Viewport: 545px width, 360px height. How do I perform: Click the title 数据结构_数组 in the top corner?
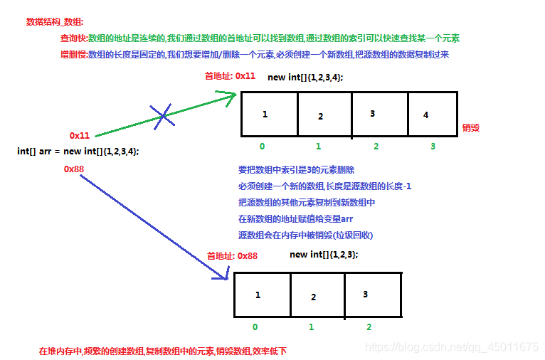(x=55, y=21)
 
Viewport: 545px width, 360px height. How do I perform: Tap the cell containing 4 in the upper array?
(x=432, y=114)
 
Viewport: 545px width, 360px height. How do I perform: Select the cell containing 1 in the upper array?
(x=269, y=114)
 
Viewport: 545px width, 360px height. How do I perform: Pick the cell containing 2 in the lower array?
(x=317, y=294)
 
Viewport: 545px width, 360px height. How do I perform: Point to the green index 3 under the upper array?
(x=432, y=146)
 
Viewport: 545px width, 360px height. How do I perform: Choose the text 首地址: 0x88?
(x=232, y=255)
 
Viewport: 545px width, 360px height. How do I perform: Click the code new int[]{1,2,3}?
(x=324, y=254)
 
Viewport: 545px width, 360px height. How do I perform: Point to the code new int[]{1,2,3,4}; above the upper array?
(x=305, y=77)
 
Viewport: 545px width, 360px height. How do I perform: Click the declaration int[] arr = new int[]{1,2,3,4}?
(x=78, y=151)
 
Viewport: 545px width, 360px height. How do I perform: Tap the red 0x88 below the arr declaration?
(x=74, y=169)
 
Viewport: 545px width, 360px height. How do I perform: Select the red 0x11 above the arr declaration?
(x=80, y=135)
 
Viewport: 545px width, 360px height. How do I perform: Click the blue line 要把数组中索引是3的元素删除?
(x=296, y=170)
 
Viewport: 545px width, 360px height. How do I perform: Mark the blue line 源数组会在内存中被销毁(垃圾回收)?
(x=306, y=235)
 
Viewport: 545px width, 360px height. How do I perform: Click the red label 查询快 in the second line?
(x=73, y=38)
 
